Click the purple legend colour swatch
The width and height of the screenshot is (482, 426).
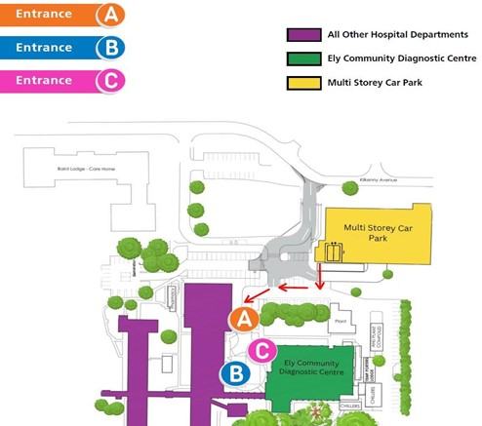click(x=298, y=35)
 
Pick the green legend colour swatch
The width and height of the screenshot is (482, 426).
click(x=298, y=58)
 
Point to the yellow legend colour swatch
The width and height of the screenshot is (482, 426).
click(x=298, y=82)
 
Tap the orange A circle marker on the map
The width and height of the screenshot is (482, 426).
click(x=242, y=318)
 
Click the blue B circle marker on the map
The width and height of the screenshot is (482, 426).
click(x=234, y=371)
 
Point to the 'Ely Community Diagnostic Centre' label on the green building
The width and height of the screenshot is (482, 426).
click(x=311, y=368)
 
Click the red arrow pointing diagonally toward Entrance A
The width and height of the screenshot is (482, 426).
click(x=256, y=295)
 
